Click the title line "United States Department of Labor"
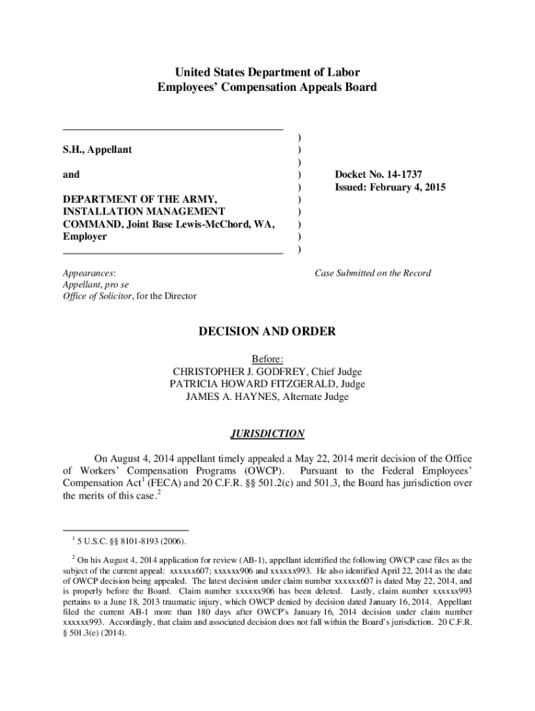coord(267,72)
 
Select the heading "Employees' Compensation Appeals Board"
coord(267,87)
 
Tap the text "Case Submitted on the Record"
coord(372,273)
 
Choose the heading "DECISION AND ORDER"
coord(267,332)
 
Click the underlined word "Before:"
coord(267,359)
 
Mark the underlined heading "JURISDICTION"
coord(267,434)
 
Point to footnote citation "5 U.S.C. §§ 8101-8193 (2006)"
coord(131,541)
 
